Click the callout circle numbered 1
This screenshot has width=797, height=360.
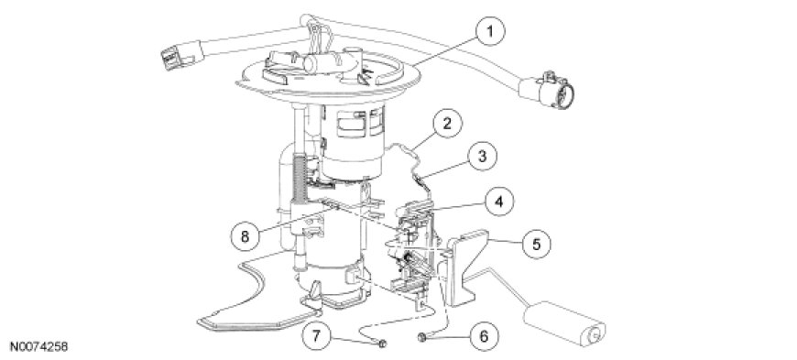490,31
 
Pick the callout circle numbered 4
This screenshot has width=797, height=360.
498,202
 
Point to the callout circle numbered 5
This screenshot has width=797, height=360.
536,245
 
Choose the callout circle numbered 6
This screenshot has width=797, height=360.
484,336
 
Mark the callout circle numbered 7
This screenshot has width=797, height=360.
316,336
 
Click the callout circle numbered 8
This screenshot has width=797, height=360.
245,237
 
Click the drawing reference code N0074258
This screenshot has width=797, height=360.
35,347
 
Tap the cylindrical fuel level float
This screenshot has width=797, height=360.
564,322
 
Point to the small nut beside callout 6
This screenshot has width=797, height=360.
421,336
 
